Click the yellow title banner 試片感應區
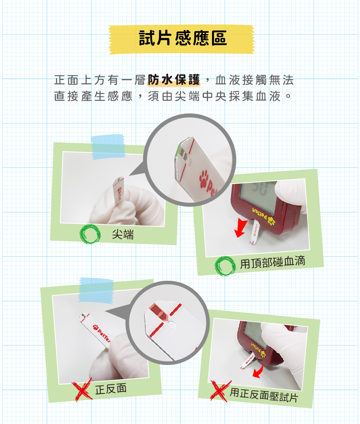tap(182, 40)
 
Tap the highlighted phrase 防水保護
tap(174, 80)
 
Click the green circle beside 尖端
tap(90, 234)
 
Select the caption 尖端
tap(123, 234)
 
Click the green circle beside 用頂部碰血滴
tap(225, 266)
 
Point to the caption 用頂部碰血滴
tap(273, 262)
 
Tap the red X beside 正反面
tap(82, 390)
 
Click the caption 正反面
tap(111, 389)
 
